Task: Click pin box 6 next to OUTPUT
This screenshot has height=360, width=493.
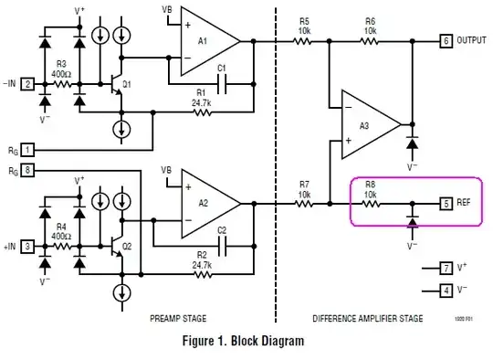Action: tap(445, 41)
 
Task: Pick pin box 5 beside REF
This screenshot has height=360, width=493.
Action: tap(446, 203)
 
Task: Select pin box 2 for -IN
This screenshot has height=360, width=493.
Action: tap(28, 84)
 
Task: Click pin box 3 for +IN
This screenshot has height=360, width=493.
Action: tap(28, 246)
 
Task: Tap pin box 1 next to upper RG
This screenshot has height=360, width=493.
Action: tap(28, 149)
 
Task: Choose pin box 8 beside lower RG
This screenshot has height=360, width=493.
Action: tap(28, 170)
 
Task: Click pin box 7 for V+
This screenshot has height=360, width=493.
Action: tap(446, 268)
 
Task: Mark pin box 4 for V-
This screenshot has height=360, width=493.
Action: tap(446, 290)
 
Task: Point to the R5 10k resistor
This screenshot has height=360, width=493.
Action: tap(304, 41)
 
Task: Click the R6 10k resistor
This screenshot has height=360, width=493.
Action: tap(370, 41)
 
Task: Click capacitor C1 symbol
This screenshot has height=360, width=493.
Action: tap(222, 79)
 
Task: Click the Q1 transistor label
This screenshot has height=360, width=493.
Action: tap(127, 84)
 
